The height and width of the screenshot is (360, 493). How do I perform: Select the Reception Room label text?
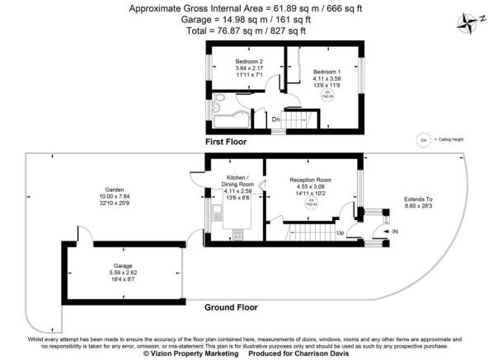click(x=310, y=180)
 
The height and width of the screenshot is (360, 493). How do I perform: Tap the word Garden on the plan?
click(x=115, y=189)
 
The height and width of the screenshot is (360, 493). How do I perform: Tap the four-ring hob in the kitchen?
click(x=237, y=234)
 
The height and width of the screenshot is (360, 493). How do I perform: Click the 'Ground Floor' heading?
click(x=231, y=307)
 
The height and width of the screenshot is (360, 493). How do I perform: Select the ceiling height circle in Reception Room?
click(x=312, y=202)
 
